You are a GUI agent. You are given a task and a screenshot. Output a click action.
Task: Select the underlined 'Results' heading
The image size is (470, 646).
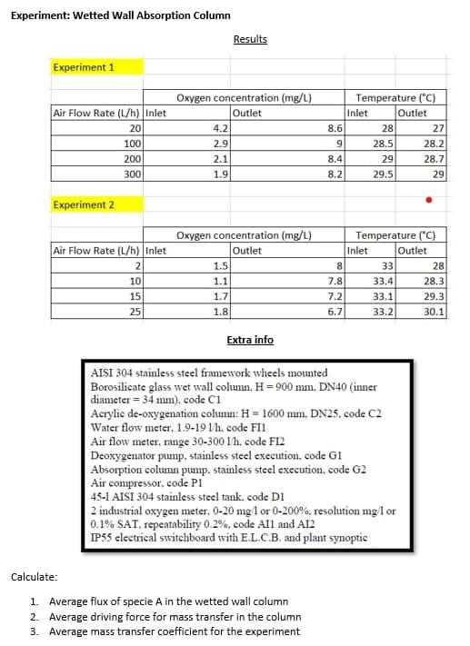click(250, 39)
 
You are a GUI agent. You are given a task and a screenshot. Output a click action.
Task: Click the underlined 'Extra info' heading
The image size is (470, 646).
click(250, 340)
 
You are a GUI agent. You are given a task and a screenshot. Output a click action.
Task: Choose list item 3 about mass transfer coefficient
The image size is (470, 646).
click(173, 631)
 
